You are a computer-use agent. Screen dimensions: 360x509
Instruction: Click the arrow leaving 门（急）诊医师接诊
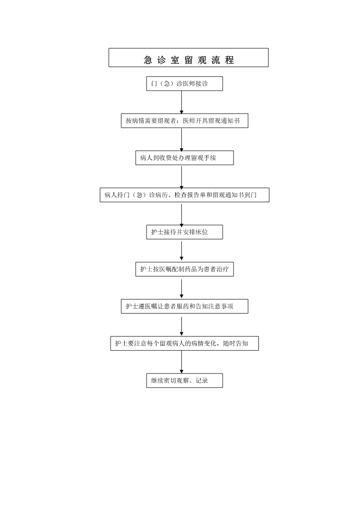tap(181, 102)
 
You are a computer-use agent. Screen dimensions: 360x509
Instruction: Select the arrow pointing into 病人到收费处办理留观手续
tap(181, 139)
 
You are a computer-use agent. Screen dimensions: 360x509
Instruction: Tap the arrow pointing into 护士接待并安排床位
tap(181, 213)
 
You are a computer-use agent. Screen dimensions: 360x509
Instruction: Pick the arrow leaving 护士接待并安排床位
tap(181, 251)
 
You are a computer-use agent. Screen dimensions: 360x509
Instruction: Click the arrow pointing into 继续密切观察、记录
tap(181, 362)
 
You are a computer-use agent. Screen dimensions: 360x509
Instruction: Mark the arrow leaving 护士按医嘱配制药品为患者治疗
tap(181, 288)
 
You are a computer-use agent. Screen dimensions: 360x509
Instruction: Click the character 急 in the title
tap(148, 60)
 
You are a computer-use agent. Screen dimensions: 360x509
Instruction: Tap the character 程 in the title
tap(229, 60)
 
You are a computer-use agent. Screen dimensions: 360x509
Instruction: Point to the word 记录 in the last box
tap(202, 380)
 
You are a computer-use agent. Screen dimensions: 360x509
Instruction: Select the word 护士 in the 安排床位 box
tap(157, 232)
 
